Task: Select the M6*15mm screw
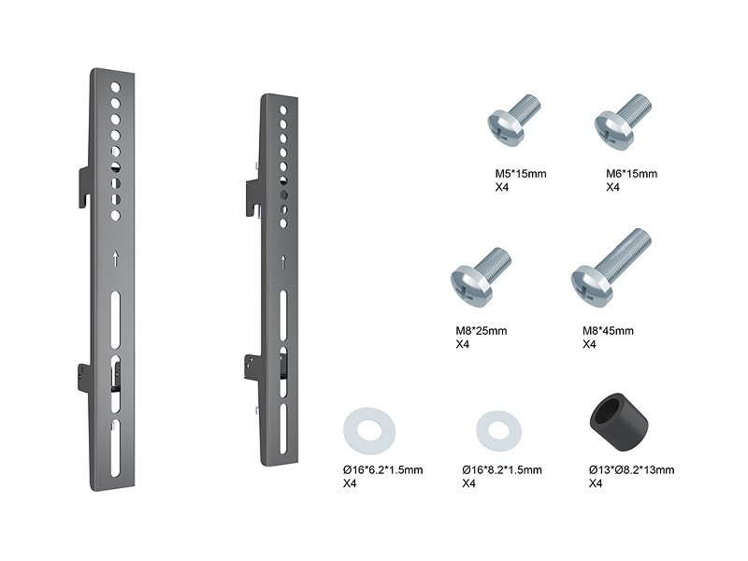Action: click(622, 122)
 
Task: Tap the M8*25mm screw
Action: click(480, 276)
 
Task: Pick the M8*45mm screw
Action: click(611, 268)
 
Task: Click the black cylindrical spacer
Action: click(619, 422)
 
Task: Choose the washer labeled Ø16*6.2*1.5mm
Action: click(368, 431)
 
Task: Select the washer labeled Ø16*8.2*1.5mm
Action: click(498, 431)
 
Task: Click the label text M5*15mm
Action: click(521, 174)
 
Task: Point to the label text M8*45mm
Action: click(608, 331)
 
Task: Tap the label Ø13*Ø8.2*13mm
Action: click(631, 470)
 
